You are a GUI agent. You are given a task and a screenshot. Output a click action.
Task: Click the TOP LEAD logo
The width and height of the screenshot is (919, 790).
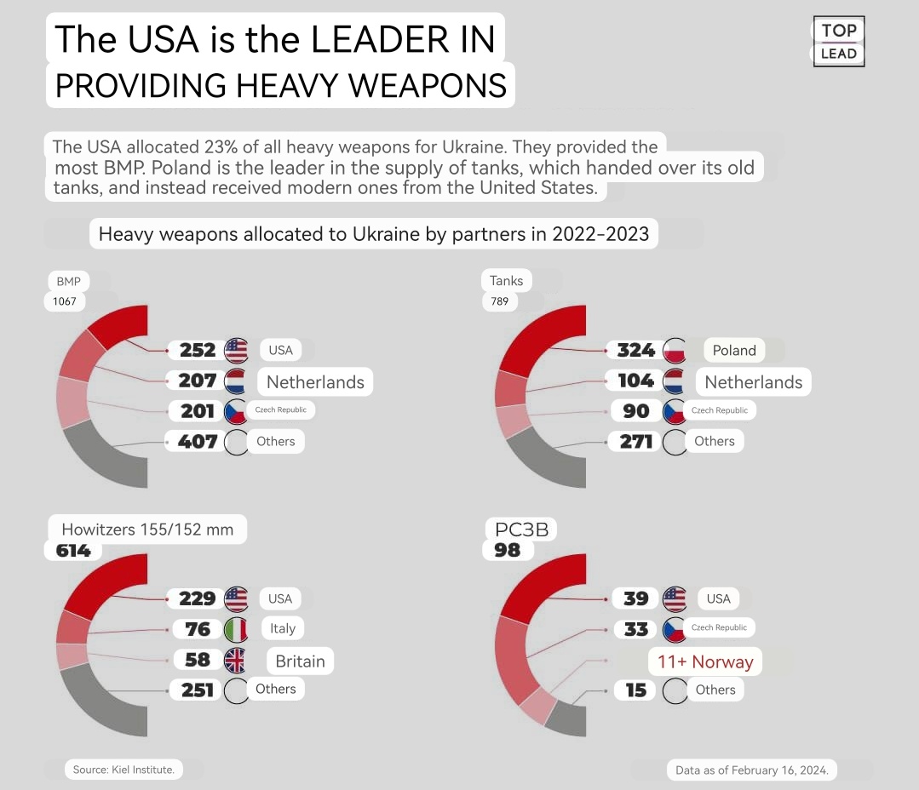point(839,42)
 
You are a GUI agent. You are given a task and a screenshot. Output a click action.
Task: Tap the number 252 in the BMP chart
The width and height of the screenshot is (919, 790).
point(198,350)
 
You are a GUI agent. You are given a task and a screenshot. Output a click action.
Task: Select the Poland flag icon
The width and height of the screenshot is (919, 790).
point(675,350)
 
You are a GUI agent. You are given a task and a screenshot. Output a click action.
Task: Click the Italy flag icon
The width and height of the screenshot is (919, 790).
point(236,629)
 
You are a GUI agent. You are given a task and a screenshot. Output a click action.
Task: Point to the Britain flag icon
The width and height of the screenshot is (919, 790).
point(236,661)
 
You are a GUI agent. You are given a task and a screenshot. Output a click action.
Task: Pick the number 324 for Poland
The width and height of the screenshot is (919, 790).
point(635,350)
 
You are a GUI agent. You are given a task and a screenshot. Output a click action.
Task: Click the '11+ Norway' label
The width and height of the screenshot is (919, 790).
point(704,662)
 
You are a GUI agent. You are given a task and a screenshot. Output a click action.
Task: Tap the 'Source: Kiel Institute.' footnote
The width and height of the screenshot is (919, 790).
point(123,770)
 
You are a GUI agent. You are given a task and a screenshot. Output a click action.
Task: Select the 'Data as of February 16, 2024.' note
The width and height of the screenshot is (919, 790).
point(752,770)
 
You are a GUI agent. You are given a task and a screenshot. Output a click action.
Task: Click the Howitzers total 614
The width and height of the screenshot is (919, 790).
point(73,551)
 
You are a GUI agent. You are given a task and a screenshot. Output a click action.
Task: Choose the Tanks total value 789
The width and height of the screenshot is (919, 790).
point(498,301)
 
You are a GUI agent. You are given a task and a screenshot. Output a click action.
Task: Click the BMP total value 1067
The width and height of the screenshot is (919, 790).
point(65,301)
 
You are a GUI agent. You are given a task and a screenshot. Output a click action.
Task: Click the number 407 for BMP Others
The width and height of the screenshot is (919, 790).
point(198,442)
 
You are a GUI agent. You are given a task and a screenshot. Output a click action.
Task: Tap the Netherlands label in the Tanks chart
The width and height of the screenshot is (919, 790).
point(753,382)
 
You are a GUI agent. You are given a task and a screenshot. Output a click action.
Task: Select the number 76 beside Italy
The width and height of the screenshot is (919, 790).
point(198,629)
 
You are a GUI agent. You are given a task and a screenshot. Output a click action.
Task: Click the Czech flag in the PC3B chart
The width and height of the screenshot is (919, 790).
point(674,629)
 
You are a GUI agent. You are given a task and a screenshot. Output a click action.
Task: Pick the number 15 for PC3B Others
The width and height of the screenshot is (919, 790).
point(636,690)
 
